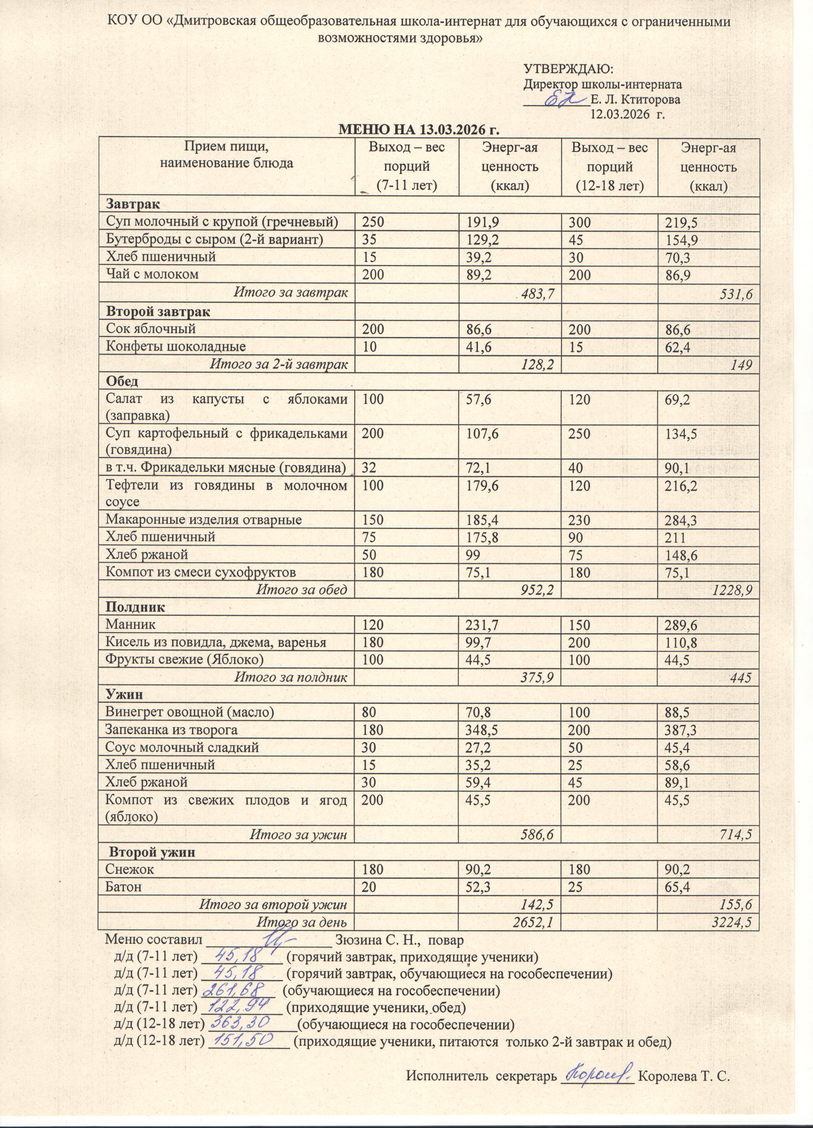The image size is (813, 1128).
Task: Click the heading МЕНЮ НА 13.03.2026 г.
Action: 418,130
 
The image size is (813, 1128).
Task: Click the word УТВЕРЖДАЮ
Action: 568,69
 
